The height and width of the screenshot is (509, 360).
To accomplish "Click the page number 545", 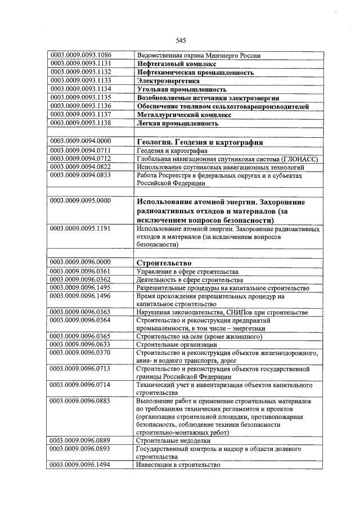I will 181,40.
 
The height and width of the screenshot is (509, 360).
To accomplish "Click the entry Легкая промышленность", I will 177,123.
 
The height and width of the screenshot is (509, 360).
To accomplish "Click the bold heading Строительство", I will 164,263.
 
